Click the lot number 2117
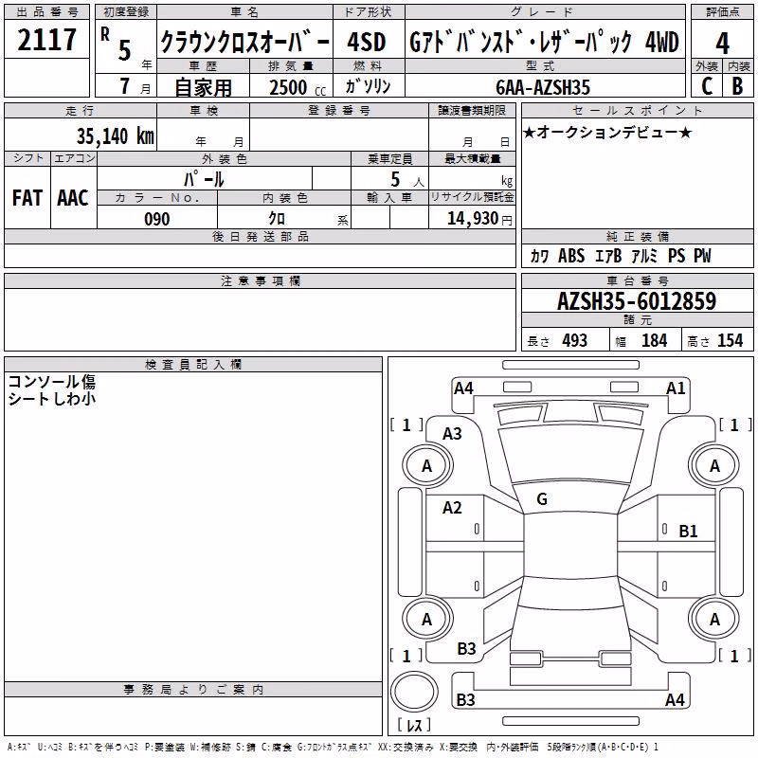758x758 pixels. pyautogui.click(x=46, y=40)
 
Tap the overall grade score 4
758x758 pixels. pyautogui.click(x=722, y=44)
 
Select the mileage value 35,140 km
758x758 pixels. pyautogui.click(x=115, y=136)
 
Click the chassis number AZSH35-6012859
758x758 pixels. pyautogui.click(x=637, y=301)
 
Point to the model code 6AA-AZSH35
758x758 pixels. pyautogui.click(x=543, y=87)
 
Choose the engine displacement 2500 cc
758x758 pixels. pyautogui.click(x=298, y=87)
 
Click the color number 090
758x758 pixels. pyautogui.click(x=157, y=219)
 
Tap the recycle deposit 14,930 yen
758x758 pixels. pyautogui.click(x=479, y=219)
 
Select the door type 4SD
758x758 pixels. pyautogui.click(x=367, y=42)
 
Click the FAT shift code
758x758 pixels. pyautogui.click(x=27, y=198)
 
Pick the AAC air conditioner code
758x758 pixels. pyautogui.click(x=73, y=198)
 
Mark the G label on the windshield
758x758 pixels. pyautogui.click(x=542, y=499)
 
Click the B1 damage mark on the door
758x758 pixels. pyautogui.click(x=688, y=532)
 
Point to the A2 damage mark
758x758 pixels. pyautogui.click(x=452, y=508)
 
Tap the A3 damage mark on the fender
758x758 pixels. pyautogui.click(x=452, y=434)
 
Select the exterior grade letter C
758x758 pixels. pyautogui.click(x=707, y=86)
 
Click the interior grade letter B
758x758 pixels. pyautogui.click(x=737, y=86)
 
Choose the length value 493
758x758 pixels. pyautogui.click(x=575, y=341)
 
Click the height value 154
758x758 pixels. pyautogui.click(x=730, y=341)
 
